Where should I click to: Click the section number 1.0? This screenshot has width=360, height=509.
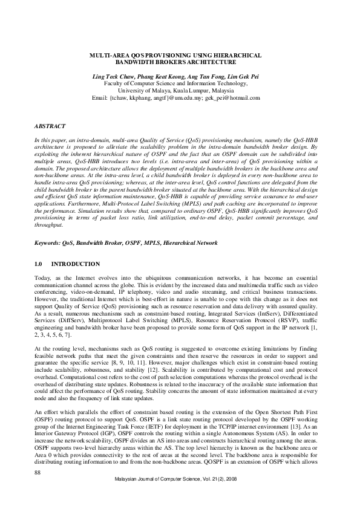(39, 265)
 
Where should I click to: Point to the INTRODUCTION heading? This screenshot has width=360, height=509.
(76, 265)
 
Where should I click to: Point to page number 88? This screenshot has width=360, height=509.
(38, 471)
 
